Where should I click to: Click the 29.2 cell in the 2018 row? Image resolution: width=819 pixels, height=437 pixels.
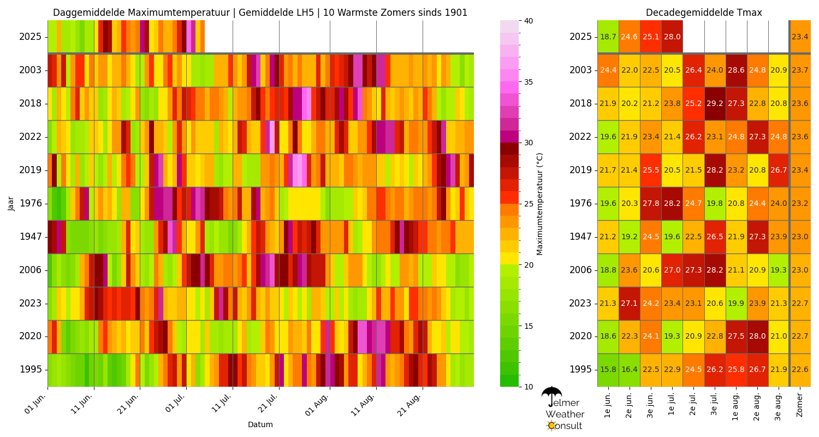[715, 103]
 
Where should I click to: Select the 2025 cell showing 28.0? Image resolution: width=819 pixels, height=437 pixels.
[672, 37]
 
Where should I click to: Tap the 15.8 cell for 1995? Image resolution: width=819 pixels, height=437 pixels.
[608, 370]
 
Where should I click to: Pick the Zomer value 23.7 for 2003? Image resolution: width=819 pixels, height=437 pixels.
[800, 70]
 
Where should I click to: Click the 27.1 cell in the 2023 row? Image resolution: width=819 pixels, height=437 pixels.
[630, 303]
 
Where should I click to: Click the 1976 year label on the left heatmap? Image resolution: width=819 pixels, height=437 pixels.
[31, 203]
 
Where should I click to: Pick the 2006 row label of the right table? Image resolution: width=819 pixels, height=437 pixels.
[580, 270]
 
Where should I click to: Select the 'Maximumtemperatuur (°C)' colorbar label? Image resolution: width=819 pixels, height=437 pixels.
[539, 203]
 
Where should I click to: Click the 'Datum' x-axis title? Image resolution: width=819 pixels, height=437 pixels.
[260, 424]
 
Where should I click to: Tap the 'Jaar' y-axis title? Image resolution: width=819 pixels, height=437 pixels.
[11, 203]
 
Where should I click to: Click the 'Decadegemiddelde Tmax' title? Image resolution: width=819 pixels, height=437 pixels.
[703, 13]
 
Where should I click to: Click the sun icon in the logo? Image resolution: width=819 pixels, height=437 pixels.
[551, 425]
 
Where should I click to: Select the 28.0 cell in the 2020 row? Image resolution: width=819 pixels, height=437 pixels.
[758, 336]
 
